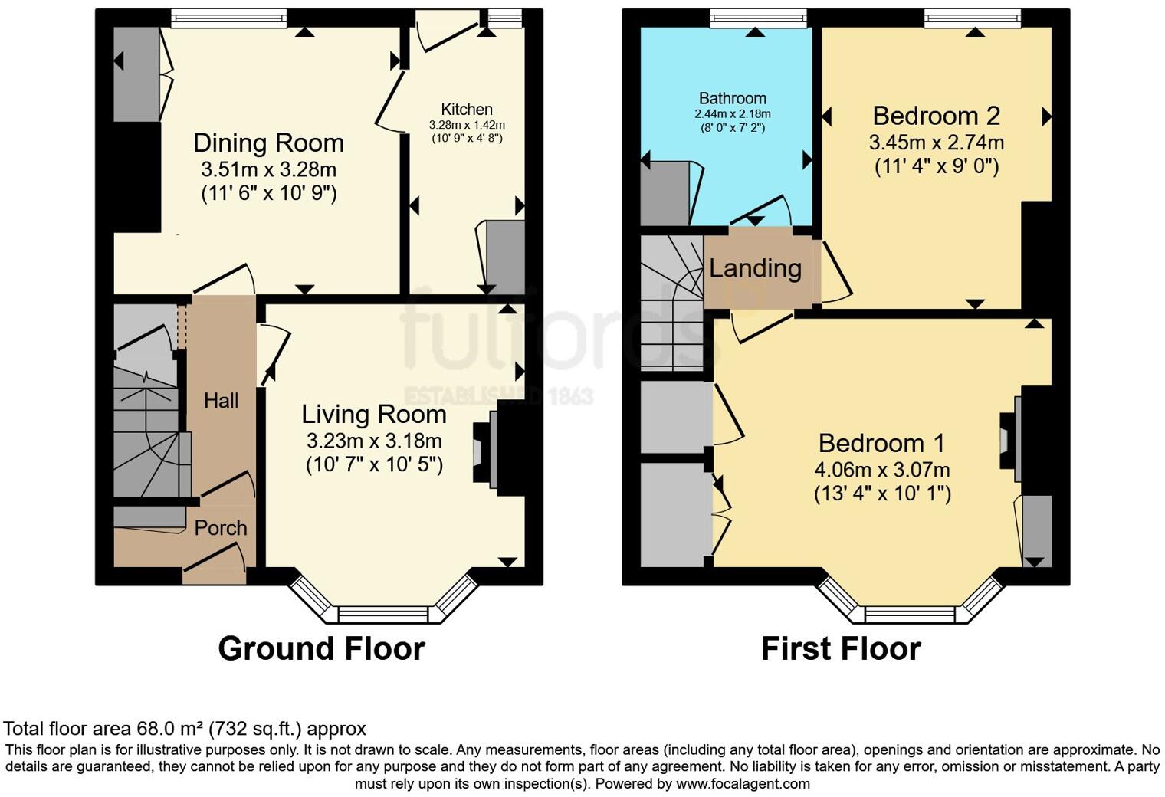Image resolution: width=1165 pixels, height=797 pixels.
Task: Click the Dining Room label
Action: coord(268,143)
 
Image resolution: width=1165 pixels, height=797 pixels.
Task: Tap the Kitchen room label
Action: coord(466,110)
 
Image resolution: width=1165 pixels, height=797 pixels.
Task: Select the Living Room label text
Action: coord(373,415)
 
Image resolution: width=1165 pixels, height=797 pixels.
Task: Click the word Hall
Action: coord(221,400)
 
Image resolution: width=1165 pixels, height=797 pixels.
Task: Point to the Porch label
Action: coord(220,528)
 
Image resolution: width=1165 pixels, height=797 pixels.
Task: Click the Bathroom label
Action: coord(732,98)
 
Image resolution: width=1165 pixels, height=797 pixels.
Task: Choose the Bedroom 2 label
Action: coord(936,116)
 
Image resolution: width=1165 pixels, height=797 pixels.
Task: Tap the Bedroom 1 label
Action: coord(881,443)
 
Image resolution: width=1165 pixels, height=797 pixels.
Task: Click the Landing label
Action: coord(755,268)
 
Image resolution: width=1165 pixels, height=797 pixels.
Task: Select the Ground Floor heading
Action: coord(321,648)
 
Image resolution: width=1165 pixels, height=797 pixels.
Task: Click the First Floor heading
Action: coord(840,648)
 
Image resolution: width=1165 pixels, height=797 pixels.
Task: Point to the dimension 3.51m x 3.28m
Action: coord(268,169)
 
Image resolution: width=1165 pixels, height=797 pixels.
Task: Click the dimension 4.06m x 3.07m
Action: coord(882,469)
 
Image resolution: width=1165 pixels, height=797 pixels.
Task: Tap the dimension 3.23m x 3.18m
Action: coord(373,441)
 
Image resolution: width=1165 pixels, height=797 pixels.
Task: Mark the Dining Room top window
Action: coord(228,18)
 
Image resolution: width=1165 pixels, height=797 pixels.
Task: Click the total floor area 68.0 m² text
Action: coord(185,728)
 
